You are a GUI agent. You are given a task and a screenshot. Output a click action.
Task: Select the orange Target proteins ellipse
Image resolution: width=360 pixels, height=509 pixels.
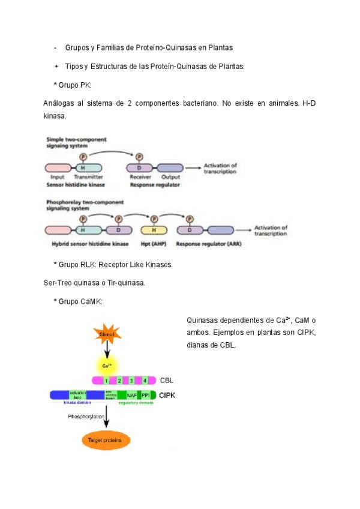106,441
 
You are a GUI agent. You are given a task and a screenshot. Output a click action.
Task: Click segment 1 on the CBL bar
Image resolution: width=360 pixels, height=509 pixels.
106,381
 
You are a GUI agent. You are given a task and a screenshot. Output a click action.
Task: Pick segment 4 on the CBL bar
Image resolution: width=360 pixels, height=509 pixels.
144,381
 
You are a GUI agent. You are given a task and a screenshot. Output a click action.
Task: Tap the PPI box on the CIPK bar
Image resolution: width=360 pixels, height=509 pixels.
146,395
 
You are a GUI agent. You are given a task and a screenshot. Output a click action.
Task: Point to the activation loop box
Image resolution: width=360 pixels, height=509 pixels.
78,395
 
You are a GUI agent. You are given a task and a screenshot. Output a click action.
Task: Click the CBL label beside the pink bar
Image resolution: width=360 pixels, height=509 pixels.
167,381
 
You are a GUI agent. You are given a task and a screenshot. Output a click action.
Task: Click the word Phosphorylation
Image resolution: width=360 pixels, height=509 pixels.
86,416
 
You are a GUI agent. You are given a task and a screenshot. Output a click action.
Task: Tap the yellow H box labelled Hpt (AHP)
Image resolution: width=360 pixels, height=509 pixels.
154,230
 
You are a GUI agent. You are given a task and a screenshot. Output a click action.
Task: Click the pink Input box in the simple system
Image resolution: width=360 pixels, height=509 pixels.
58,169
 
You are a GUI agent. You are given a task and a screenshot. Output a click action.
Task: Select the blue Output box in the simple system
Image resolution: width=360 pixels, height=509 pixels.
170,169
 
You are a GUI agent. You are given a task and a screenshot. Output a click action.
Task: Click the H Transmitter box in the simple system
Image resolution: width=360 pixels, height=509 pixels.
88,169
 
